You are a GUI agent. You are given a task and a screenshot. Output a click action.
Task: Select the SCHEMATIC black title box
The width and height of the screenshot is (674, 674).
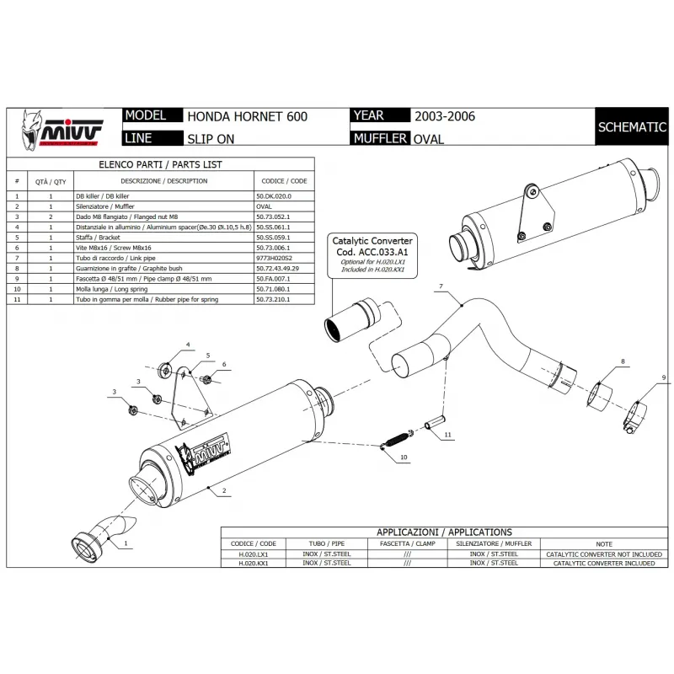click(632, 127)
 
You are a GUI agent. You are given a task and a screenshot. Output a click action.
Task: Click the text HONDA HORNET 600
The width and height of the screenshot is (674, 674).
click(246, 116)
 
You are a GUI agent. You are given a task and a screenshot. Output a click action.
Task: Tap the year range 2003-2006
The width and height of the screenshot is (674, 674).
click(445, 116)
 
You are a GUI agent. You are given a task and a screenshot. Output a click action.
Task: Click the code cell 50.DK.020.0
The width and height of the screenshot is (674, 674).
click(274, 195)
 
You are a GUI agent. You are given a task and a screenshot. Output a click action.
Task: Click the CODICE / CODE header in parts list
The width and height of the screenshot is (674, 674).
click(284, 181)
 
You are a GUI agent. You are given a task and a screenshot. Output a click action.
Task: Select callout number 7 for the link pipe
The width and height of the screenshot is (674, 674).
click(440, 287)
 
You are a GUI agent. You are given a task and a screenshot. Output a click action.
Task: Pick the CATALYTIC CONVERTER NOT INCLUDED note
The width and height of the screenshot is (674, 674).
click(603, 554)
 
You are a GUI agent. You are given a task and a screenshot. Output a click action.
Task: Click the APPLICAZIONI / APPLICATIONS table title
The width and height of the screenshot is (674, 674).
click(444, 532)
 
